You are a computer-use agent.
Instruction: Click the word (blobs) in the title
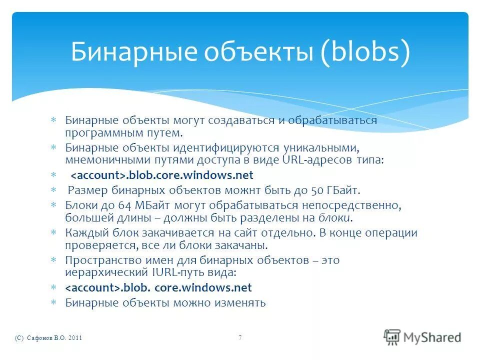[364, 52]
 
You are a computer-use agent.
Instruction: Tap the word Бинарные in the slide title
[127, 52]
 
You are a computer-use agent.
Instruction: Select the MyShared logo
[422, 336]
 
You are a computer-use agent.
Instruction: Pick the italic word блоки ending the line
[335, 218]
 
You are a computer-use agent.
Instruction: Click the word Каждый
[82, 233]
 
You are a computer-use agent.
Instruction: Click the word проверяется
[93, 245]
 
